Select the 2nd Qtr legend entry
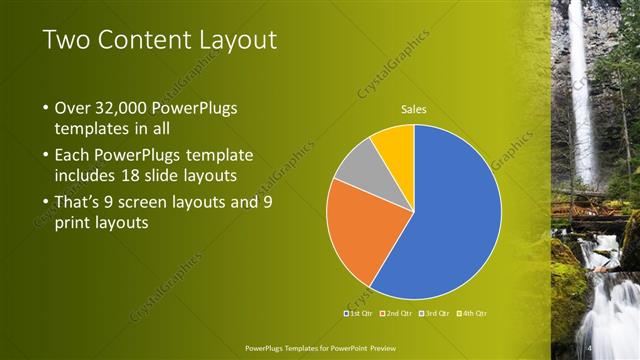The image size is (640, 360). (397, 314)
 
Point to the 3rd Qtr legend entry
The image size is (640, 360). (436, 314)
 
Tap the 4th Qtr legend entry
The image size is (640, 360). (474, 314)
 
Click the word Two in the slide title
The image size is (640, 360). (66, 40)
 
